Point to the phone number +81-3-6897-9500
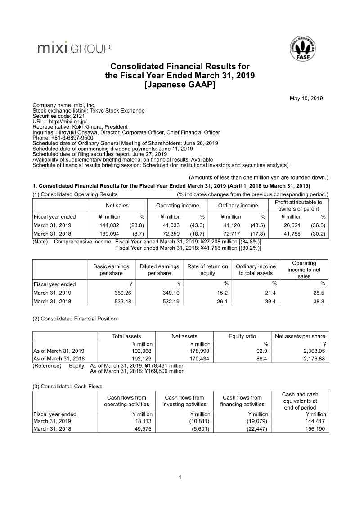click(72, 138)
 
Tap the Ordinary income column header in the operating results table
click(238, 206)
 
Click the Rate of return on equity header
click(207, 270)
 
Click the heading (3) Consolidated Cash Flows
click(67, 387)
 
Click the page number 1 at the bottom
click(180, 477)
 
